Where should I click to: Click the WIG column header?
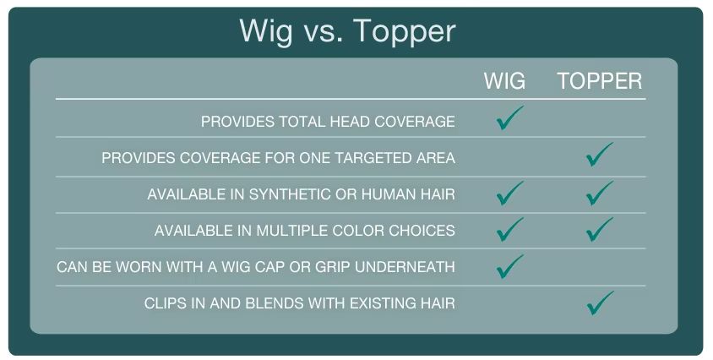pyautogui.click(x=504, y=81)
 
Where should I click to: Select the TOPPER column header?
pyautogui.click(x=599, y=81)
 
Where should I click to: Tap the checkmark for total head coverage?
pyautogui.click(x=509, y=118)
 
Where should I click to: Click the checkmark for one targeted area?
pyautogui.click(x=599, y=155)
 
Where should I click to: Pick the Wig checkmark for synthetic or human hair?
pyautogui.click(x=509, y=194)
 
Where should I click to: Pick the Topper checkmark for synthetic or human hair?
pyautogui.click(x=599, y=194)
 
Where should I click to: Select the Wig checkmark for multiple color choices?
pyautogui.click(x=509, y=229)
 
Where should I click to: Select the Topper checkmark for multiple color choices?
pyautogui.click(x=599, y=229)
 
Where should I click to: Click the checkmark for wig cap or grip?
pyautogui.click(x=509, y=267)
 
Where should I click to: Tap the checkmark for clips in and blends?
pyautogui.click(x=599, y=303)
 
